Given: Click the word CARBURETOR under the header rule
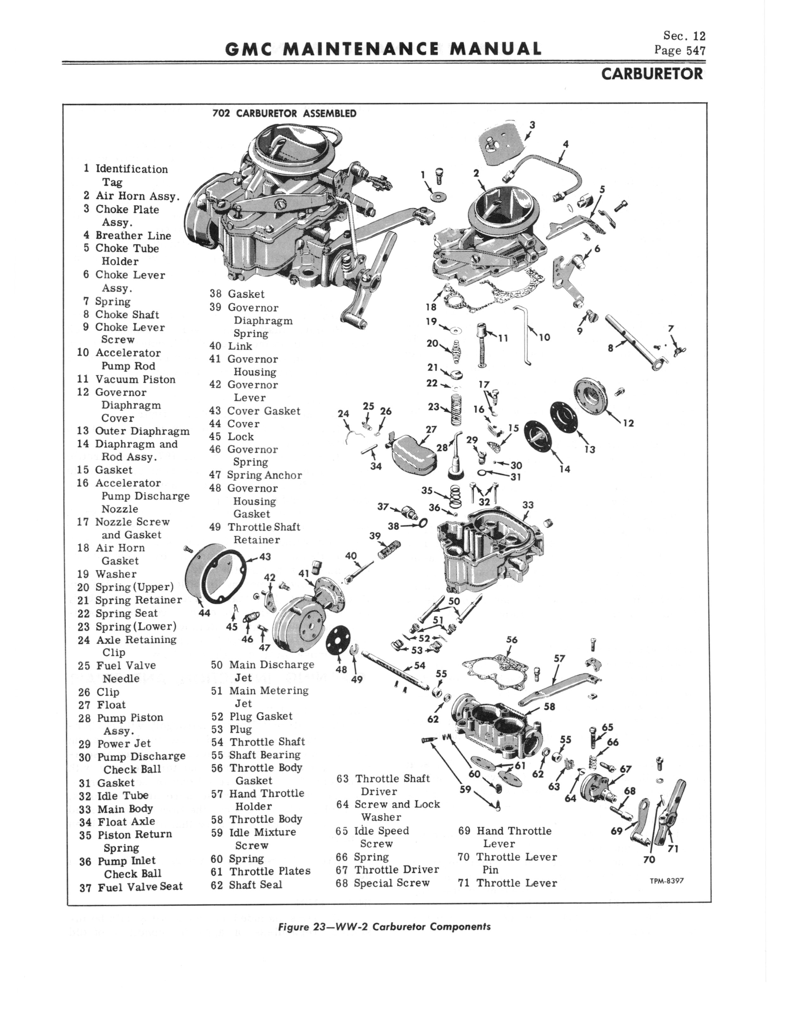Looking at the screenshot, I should [x=652, y=74].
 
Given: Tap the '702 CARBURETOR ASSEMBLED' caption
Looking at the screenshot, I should [x=284, y=114].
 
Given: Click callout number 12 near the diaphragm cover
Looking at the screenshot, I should [x=628, y=423].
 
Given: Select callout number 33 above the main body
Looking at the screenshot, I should [x=528, y=505].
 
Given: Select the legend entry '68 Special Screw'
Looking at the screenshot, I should [x=383, y=883].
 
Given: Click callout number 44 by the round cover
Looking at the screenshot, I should [x=204, y=612].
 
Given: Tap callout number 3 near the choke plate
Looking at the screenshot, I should [x=532, y=125].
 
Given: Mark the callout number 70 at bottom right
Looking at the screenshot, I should [x=649, y=859].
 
